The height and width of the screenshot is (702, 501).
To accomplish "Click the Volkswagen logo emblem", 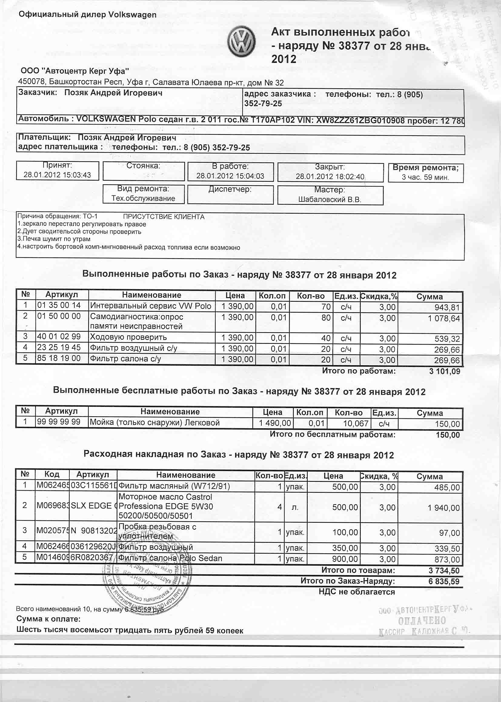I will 241,43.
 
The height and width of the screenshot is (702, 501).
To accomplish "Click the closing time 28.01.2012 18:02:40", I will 330,177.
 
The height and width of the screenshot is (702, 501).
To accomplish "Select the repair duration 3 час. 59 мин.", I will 425,178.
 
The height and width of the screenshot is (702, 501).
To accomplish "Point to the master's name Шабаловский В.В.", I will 330,199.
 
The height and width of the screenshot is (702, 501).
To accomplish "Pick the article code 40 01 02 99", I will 59,337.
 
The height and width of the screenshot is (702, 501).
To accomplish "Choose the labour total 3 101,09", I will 445,371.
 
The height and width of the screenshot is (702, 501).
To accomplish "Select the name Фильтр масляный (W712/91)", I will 174,487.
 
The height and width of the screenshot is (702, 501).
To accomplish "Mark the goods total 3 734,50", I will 444,571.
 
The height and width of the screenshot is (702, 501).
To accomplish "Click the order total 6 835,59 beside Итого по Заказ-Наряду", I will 444,582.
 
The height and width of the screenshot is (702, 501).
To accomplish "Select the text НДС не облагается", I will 357,592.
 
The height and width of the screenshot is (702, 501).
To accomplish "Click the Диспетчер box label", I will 230,189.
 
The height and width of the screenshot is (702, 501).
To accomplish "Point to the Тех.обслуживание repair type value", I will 143,198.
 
